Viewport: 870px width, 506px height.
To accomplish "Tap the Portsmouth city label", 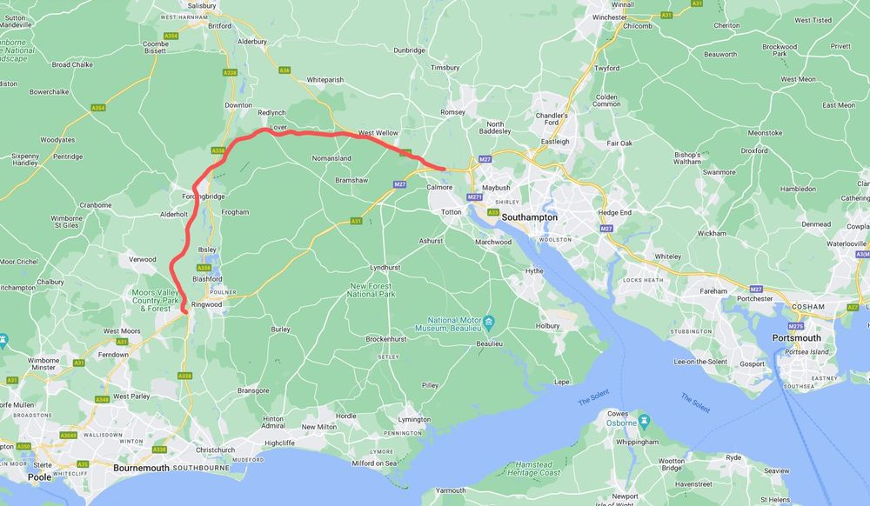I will pos(796,337).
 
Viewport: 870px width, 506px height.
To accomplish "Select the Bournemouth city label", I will pos(141,467).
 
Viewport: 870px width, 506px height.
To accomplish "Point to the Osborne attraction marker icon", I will pos(644,423).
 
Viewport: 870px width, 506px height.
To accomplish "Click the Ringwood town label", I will pos(207,305).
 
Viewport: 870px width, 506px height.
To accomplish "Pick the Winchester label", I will pos(610,17).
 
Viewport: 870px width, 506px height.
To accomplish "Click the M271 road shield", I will pos(474,197).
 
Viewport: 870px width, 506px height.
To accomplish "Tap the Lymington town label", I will pos(414,419).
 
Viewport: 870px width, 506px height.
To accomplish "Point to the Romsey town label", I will pos(453,112).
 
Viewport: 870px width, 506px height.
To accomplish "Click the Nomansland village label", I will pos(331,158).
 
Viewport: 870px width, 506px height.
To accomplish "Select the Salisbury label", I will pos(201,5).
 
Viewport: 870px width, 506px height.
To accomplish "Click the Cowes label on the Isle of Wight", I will pos(618,414).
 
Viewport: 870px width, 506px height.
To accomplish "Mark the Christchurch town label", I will pos(216,449).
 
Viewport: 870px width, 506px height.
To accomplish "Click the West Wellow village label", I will pos(378,133).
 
